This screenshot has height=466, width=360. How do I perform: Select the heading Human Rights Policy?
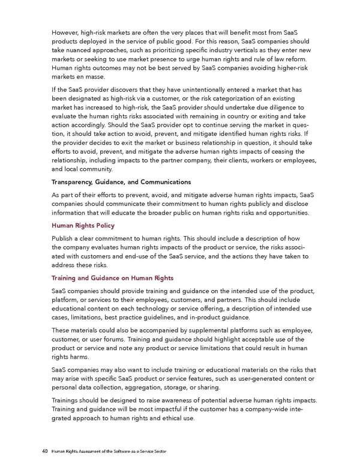(x=83, y=226)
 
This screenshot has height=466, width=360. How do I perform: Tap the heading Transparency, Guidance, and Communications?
(x=121, y=181)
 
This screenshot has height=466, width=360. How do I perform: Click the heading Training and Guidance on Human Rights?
(x=113, y=277)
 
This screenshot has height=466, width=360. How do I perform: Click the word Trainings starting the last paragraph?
(x=68, y=401)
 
